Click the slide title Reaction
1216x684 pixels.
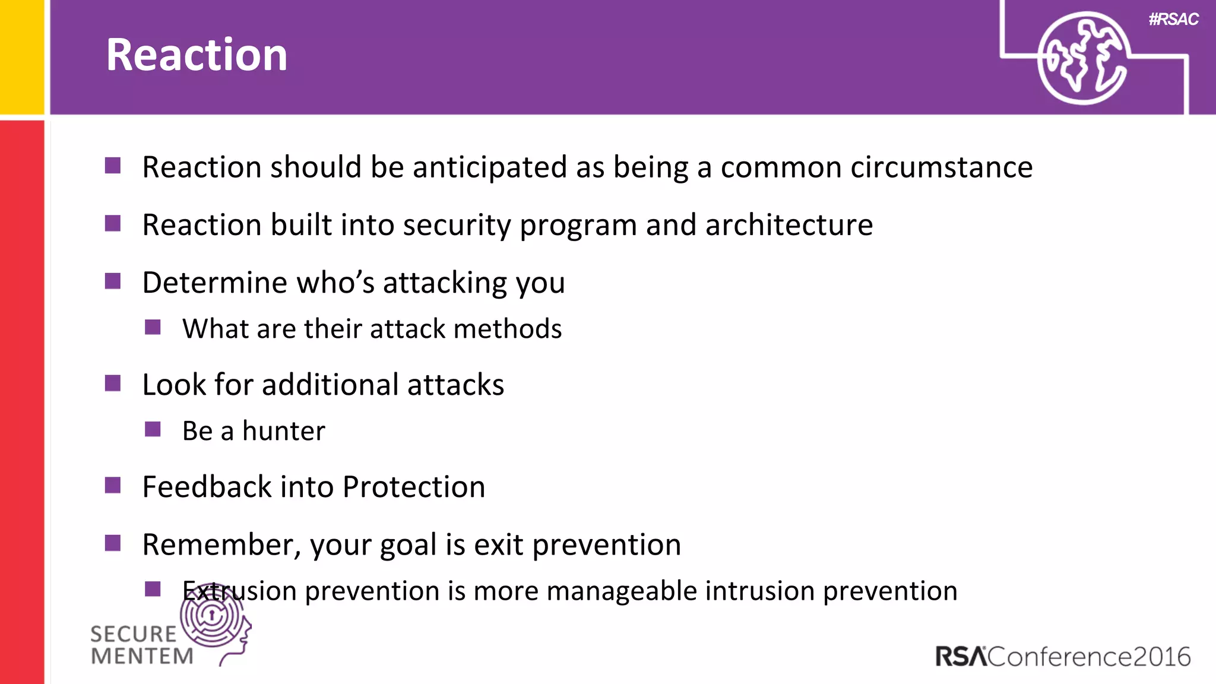coord(197,55)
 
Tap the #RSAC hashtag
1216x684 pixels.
coord(1173,20)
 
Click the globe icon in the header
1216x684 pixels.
coord(1082,58)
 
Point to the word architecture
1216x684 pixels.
coord(789,225)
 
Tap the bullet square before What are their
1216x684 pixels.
coord(153,327)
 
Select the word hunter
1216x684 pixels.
coord(284,431)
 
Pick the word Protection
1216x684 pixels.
coord(414,487)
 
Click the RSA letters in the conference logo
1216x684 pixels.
coord(960,657)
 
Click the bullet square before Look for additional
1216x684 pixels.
coord(113,383)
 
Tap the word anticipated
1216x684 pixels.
coord(489,167)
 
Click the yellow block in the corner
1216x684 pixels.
coord(22,56)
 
